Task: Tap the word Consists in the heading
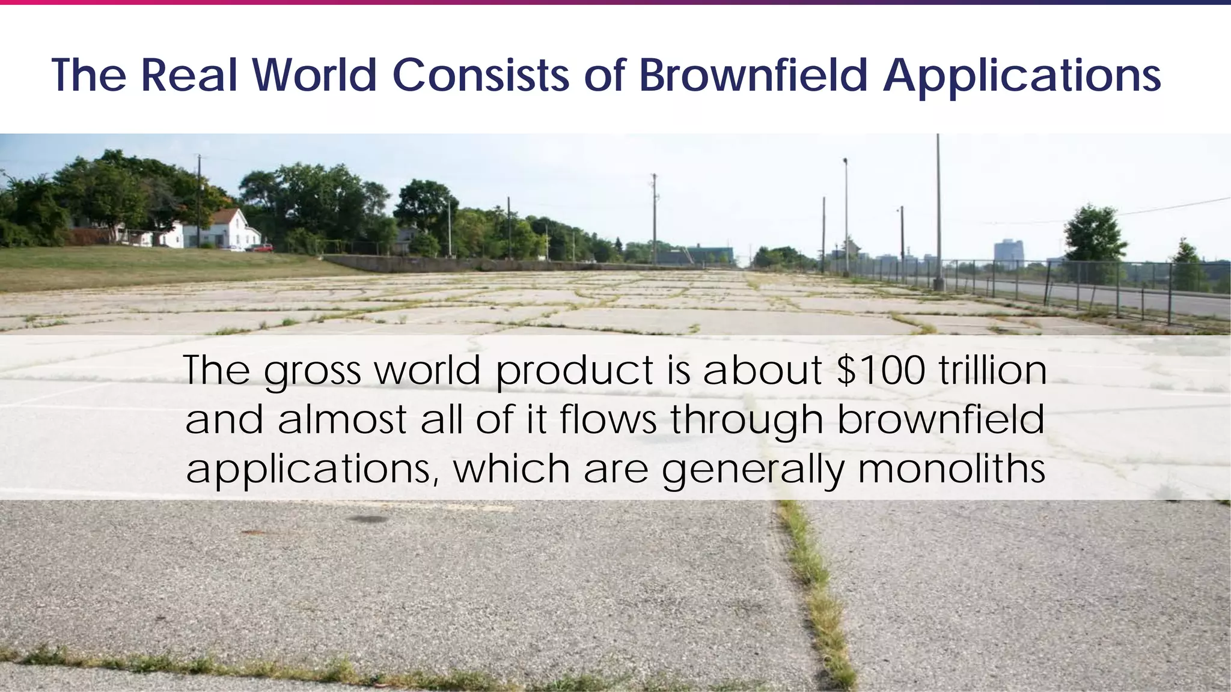pyautogui.click(x=481, y=76)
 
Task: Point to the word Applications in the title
pyautogui.click(x=1022, y=77)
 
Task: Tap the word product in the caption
pyautogui.click(x=575, y=371)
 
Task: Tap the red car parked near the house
pyautogui.click(x=261, y=247)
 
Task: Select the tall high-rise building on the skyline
pyautogui.click(x=1008, y=251)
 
